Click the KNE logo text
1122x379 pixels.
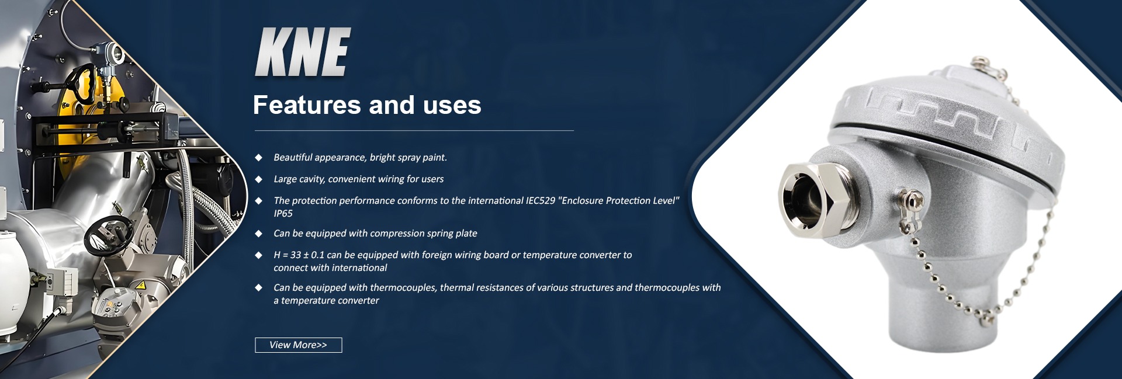point(303,52)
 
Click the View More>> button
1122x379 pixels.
point(298,345)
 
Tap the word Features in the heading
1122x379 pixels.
point(307,105)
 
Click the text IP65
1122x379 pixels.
point(283,214)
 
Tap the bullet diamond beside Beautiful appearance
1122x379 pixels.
point(258,158)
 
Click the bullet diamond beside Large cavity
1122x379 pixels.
point(258,179)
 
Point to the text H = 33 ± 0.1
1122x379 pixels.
point(299,255)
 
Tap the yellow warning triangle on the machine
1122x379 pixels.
point(140,285)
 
